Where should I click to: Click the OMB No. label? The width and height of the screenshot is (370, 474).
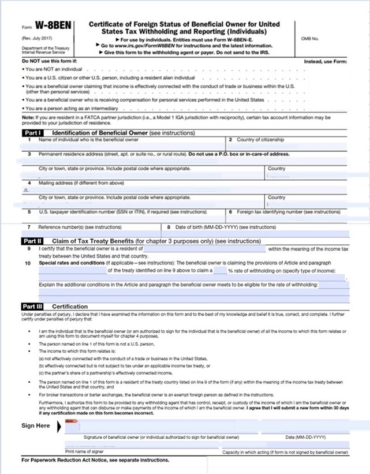click(310, 38)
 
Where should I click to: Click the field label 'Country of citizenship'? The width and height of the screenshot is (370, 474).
click(260, 140)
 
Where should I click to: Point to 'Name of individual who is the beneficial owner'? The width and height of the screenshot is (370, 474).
click(88, 140)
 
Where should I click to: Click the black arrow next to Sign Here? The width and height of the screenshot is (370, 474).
click(60, 428)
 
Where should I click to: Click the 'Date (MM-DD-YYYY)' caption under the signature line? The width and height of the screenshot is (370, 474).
click(306, 436)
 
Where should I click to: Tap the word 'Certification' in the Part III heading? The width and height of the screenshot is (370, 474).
click(70, 306)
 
